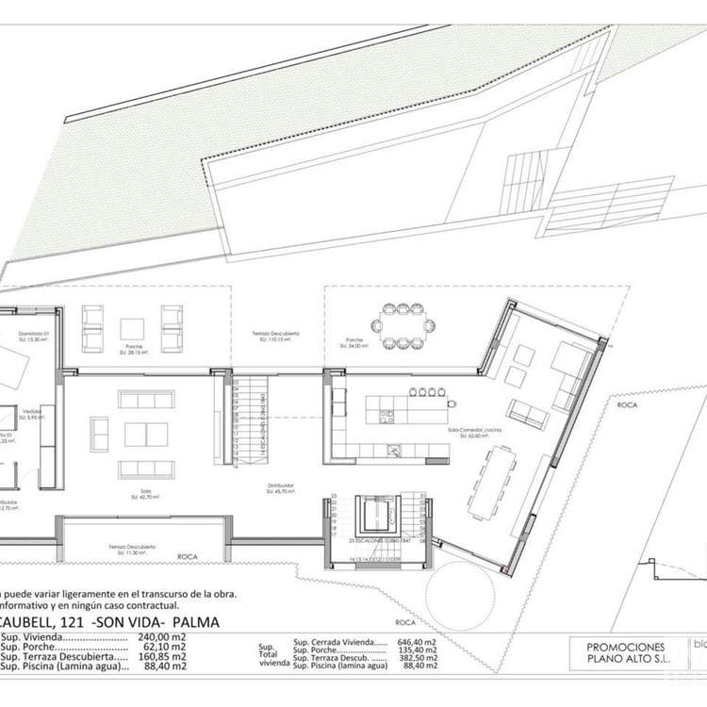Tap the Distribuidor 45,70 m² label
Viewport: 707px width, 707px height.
(x=280, y=488)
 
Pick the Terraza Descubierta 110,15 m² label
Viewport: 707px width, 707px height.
(x=276, y=337)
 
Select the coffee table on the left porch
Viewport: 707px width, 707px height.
(x=133, y=328)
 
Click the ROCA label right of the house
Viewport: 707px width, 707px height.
(x=628, y=405)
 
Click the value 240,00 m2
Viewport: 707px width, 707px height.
(x=167, y=638)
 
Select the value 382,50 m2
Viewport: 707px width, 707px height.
(x=417, y=658)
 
